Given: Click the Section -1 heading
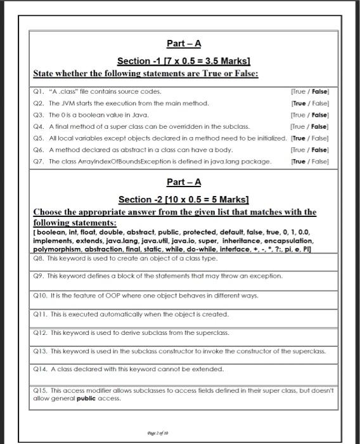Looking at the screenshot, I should (x=183, y=61).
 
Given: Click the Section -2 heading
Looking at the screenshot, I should (x=183, y=200).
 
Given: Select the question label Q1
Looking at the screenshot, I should (x=40, y=91).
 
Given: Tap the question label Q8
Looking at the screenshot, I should (x=40, y=259).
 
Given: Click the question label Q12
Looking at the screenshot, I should (x=41, y=332).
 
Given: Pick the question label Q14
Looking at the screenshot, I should (x=41, y=369).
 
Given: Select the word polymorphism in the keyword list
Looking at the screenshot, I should (x=56, y=249).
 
